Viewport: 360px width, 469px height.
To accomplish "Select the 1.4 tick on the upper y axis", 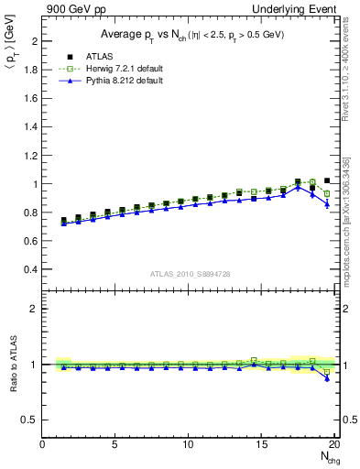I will click(31, 127).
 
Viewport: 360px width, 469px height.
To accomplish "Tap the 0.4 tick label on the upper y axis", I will click(31, 269).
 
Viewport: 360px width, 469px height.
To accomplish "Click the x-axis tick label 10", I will click(187, 444).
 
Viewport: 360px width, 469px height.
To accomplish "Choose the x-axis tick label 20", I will click(333, 444).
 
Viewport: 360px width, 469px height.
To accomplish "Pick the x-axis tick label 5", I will click(115, 444).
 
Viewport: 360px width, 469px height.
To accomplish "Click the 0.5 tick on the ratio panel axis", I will click(29, 420).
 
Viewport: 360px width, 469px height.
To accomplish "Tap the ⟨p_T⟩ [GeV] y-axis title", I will click(10, 54).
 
